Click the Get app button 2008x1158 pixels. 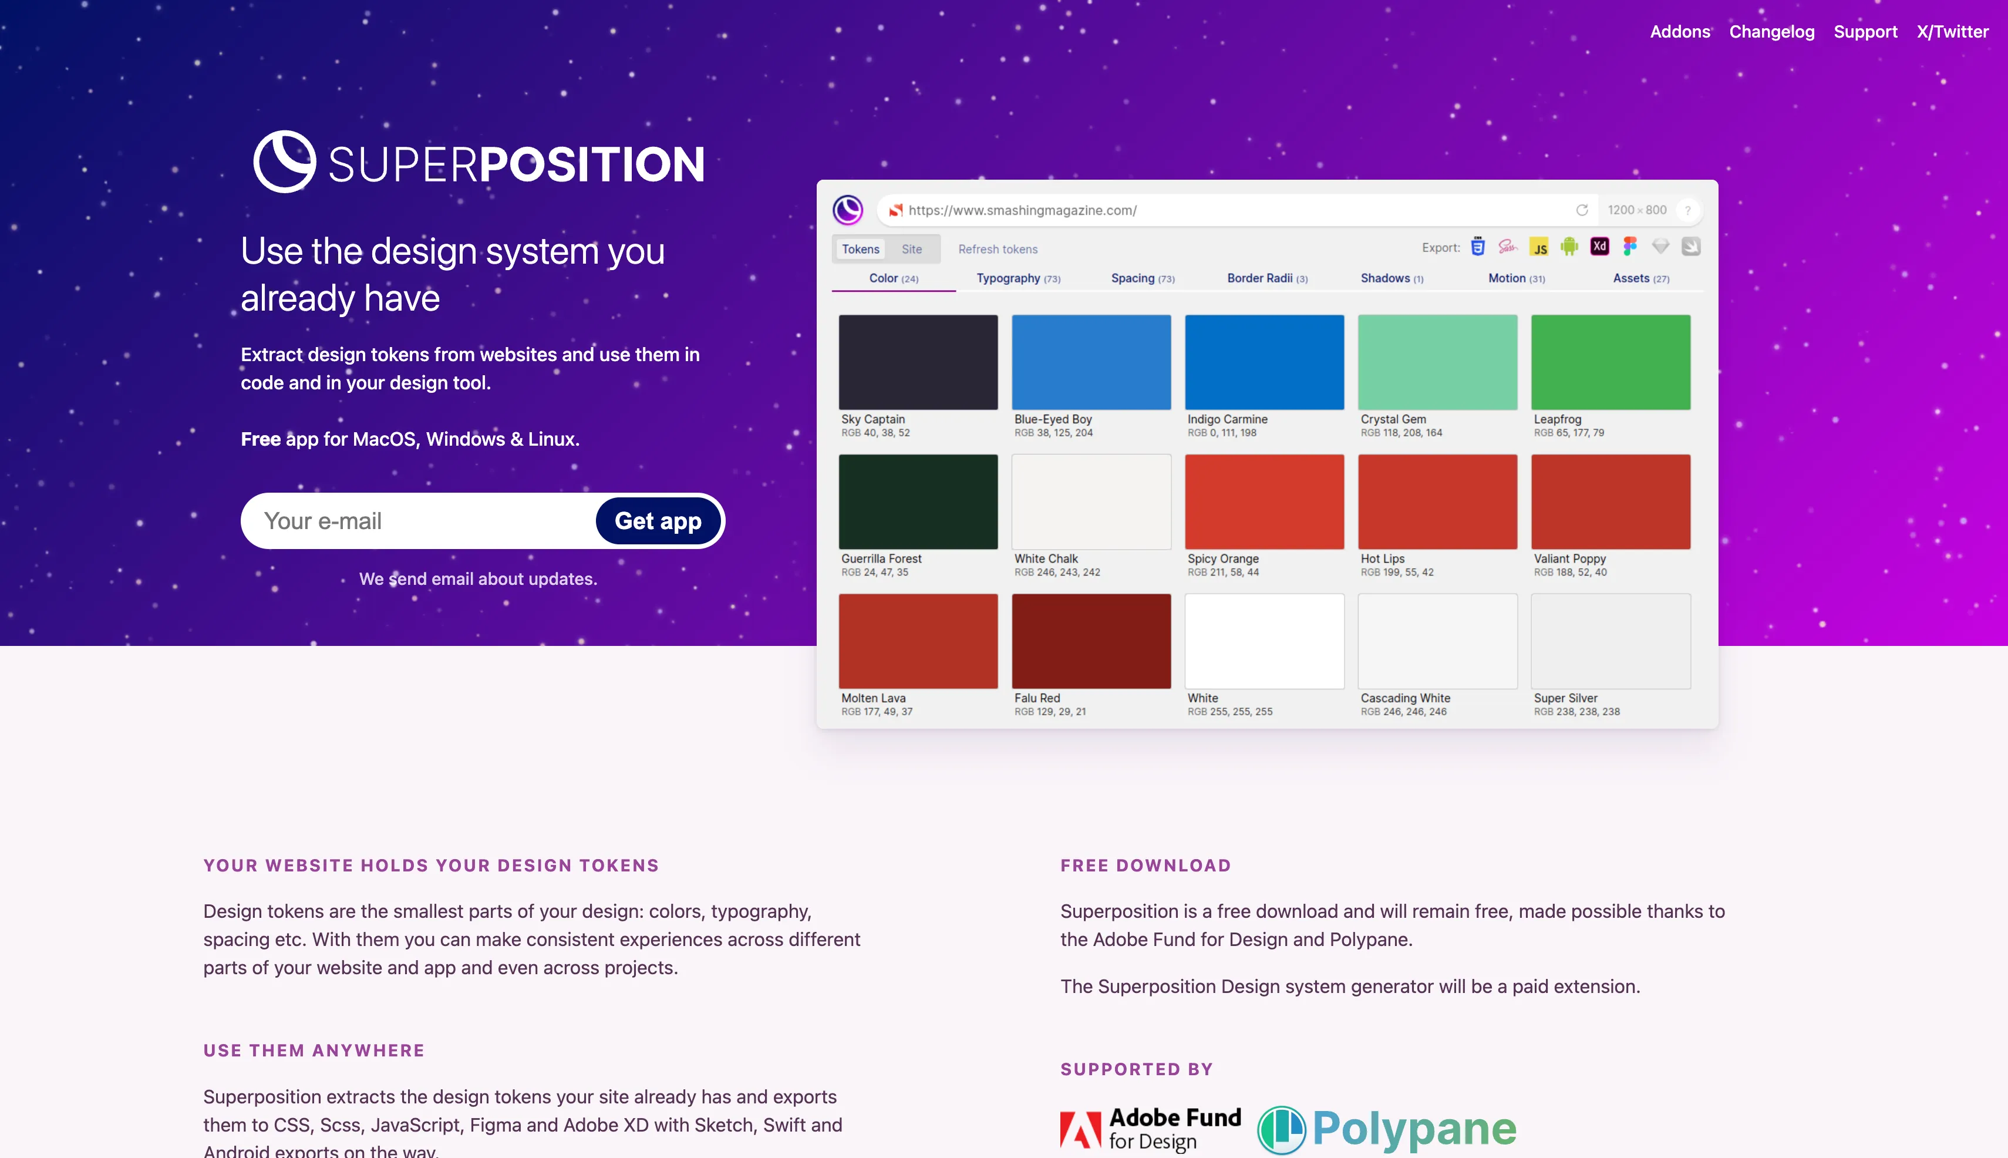[x=658, y=521]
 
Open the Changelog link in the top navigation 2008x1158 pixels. [x=1772, y=32]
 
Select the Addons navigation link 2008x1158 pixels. [x=1680, y=32]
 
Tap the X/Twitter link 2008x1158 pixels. [x=1952, y=32]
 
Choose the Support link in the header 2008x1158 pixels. [x=1865, y=32]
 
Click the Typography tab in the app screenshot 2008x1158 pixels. [x=1018, y=278]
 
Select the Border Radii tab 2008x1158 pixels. [x=1267, y=278]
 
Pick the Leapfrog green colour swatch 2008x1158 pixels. [x=1611, y=362]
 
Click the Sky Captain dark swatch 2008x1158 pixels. [x=918, y=362]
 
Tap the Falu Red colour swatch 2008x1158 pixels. [x=1091, y=641]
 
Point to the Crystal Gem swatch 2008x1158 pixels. [x=1437, y=362]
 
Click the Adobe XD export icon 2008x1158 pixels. [x=1599, y=247]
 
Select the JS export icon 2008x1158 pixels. [x=1539, y=247]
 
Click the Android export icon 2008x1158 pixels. [x=1569, y=247]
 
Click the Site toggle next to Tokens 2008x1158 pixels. [x=911, y=249]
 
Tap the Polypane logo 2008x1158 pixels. [x=1386, y=1129]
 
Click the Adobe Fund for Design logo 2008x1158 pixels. [x=1150, y=1129]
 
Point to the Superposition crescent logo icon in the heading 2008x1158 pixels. [x=285, y=161]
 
